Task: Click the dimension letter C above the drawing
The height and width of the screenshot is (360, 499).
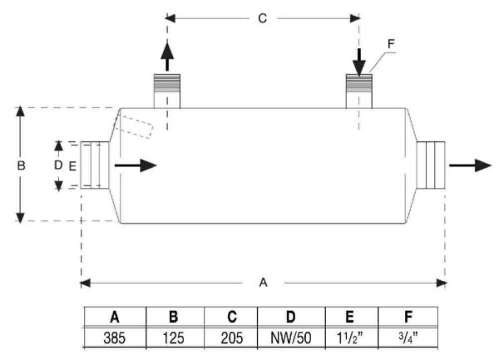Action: pos(263,18)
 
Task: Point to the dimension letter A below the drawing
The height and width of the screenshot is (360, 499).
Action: pos(263,283)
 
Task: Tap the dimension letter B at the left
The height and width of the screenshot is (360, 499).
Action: pos(21,165)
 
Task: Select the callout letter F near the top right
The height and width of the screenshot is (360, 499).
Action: pos(391,43)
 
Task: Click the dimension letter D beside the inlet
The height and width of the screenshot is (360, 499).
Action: pos(58,165)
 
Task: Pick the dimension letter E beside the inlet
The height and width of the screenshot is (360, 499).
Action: pos(72,166)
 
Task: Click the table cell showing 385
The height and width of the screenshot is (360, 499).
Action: pos(115,338)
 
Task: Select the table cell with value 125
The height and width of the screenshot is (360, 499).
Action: pos(174,338)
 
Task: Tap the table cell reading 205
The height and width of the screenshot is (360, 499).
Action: pos(232,338)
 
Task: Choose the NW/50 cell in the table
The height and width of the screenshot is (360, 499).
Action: pos(291,338)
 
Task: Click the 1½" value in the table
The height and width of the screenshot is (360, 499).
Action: pos(350,338)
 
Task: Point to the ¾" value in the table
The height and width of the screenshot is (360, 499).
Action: pos(408,337)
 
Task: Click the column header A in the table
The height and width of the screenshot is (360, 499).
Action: pos(115,317)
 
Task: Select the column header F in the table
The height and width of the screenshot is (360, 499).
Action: pos(408,317)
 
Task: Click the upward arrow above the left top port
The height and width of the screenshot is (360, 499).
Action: pos(167,57)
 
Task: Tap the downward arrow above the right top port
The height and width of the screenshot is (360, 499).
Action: pos(359,62)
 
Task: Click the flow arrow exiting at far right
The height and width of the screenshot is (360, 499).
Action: pos(471,165)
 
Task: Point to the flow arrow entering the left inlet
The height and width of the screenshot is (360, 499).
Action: pos(136,165)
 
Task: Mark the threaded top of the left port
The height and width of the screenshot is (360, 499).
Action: pos(167,83)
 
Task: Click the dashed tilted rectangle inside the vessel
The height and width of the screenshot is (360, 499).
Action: pos(133,127)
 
